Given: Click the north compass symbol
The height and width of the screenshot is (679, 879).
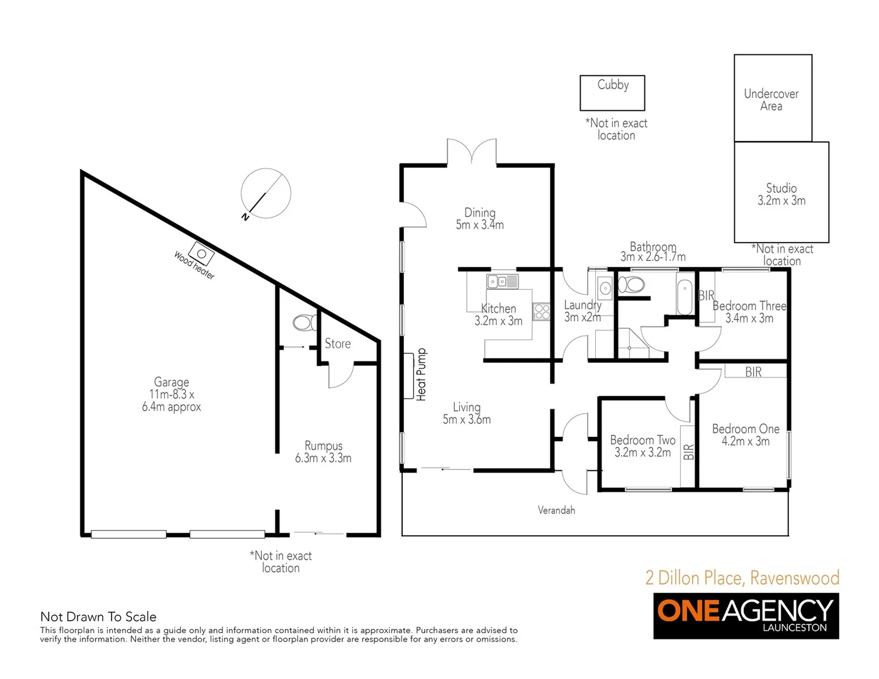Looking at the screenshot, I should tap(266, 193).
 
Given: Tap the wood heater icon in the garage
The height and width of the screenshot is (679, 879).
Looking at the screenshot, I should tap(201, 254).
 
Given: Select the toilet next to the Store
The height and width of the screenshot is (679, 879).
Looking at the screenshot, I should tap(305, 323).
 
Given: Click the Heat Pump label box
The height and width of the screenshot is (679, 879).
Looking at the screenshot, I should tap(409, 375).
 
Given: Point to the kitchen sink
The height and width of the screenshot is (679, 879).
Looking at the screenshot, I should tap(502, 282).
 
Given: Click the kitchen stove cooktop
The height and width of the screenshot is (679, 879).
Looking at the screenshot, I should tap(541, 311).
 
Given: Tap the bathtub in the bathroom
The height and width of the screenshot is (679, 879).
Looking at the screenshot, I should tap(685, 294).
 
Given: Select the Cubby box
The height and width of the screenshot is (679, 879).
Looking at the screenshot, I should tap(612, 92).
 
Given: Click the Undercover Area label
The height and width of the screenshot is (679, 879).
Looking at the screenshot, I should tap(771, 100).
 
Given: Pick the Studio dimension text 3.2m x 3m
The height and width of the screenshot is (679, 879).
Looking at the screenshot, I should tap(781, 201).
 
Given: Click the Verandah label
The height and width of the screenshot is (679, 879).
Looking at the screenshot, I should tap(556, 510).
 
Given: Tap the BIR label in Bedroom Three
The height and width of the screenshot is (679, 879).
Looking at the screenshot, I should tap(707, 295).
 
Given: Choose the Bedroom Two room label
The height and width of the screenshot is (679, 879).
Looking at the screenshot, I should tap(642, 440).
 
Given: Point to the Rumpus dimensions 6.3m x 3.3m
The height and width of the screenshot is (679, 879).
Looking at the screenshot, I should tap(323, 458).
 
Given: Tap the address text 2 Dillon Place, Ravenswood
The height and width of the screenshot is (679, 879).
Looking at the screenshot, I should tap(742, 578).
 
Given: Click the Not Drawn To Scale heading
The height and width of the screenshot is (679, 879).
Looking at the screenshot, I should tap(98, 617).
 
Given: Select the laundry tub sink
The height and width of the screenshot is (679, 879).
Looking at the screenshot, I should tap(605, 288).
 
